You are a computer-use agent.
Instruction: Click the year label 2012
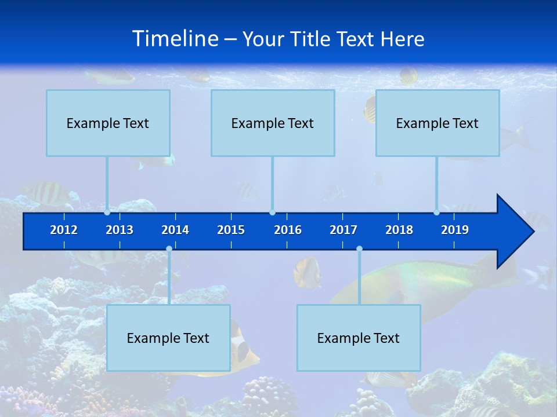point(64,230)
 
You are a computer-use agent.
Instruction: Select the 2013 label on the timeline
point(120,230)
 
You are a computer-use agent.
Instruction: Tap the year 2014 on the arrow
point(175,230)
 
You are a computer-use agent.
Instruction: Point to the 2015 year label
point(231,230)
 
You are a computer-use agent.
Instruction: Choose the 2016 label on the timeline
point(288,230)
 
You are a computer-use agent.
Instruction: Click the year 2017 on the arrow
point(343,230)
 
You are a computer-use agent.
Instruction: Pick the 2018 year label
point(399,230)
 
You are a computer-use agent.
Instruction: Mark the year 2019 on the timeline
point(455,230)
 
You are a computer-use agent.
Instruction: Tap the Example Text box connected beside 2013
point(108,123)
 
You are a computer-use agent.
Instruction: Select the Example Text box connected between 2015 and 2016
point(273,123)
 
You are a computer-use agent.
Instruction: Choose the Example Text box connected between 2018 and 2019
point(437,123)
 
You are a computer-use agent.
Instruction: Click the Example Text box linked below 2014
point(168,338)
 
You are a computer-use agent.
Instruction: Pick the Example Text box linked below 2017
point(359,338)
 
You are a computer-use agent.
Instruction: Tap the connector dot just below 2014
point(169,249)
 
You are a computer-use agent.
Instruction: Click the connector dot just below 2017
point(359,249)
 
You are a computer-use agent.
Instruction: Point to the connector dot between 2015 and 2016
point(272,213)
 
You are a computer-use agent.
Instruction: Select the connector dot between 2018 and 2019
point(436,213)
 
